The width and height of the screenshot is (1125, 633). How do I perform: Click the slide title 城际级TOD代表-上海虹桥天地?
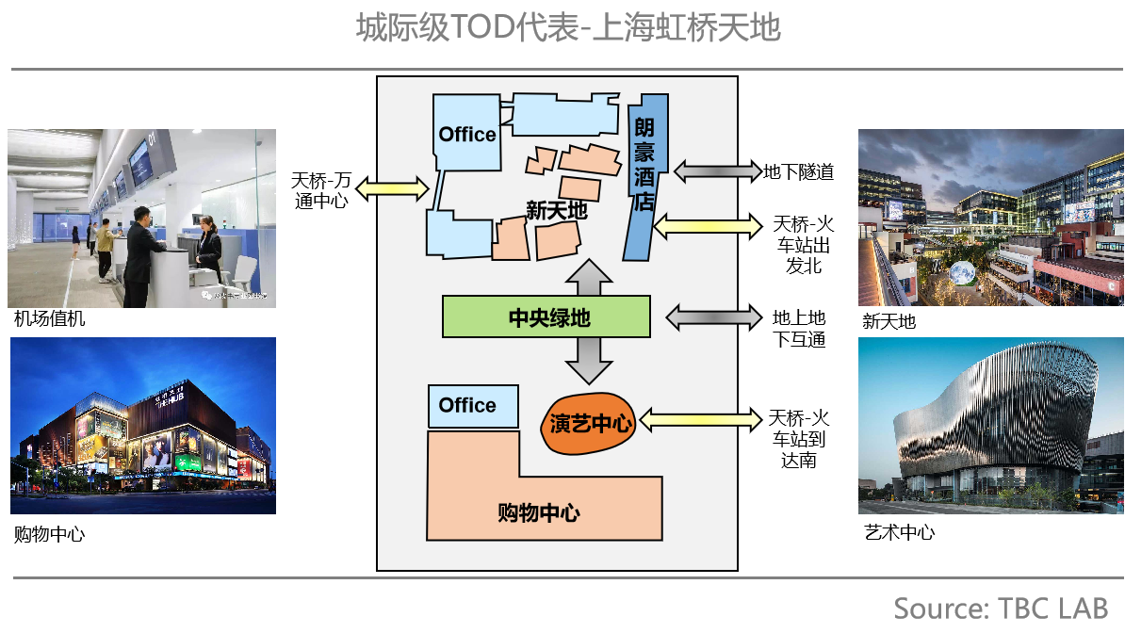click(568, 29)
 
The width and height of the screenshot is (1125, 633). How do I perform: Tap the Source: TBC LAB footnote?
click(1001, 608)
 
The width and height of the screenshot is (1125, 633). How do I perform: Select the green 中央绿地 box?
click(546, 316)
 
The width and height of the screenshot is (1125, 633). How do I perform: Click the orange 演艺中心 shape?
click(588, 424)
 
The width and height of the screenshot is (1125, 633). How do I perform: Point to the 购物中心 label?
click(538, 513)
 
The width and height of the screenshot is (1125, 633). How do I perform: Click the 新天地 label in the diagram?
click(556, 210)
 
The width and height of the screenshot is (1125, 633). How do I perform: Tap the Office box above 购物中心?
click(472, 406)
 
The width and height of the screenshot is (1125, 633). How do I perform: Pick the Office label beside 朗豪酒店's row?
click(467, 135)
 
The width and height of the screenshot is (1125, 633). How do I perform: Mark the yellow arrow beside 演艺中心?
click(699, 419)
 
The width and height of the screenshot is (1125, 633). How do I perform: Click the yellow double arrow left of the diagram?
click(393, 189)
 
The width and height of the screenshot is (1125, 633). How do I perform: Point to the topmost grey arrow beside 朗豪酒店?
click(717, 170)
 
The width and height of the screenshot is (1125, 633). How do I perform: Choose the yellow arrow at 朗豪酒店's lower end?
click(707, 226)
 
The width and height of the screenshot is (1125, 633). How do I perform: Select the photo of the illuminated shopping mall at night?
click(143, 426)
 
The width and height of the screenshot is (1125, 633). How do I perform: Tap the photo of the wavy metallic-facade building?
click(990, 426)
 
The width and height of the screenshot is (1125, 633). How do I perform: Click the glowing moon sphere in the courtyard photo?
click(962, 274)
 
